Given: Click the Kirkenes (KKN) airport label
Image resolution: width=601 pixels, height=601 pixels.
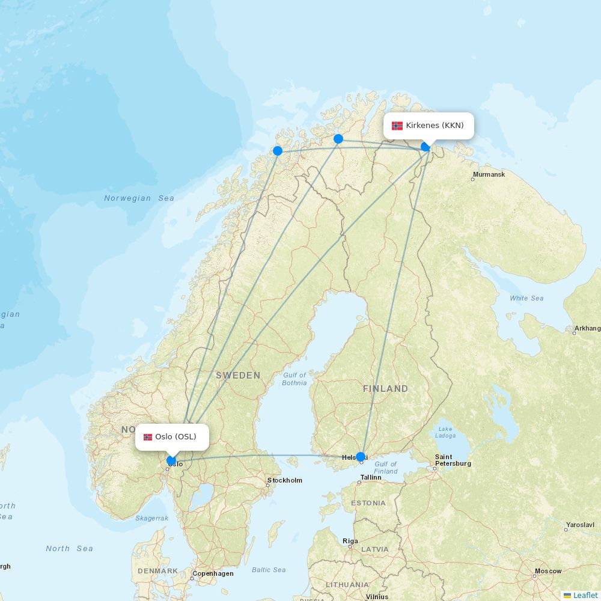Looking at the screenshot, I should click(429, 126).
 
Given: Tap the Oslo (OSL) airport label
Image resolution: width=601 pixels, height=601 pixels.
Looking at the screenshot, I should click(172, 436).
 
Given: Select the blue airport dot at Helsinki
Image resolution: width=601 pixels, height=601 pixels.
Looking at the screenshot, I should click(361, 457).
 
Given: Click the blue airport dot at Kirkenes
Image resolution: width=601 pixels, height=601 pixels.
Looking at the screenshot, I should click(426, 146).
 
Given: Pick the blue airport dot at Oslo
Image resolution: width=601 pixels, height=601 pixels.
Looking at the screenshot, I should click(171, 461).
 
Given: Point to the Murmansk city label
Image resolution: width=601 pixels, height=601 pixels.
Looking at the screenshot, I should click(489, 175).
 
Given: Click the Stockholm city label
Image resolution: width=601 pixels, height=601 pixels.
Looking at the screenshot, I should click(285, 480).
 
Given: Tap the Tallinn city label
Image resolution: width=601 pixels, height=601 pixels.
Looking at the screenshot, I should click(371, 477).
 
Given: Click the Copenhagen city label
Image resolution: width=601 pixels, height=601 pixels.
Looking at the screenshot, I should click(213, 573).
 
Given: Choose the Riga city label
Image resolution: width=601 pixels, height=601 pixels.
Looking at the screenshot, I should click(350, 541).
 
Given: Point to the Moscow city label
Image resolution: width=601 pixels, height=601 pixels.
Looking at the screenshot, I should click(548, 571).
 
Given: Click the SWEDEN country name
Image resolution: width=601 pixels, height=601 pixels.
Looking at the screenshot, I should click(238, 376).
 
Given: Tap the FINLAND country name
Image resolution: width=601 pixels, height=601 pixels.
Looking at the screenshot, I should click(385, 389).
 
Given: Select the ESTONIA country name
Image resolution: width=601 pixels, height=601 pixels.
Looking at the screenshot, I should click(368, 503).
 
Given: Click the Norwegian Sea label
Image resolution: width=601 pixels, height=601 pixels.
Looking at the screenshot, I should click(139, 198).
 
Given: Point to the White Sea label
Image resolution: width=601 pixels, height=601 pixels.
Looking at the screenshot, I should click(526, 298).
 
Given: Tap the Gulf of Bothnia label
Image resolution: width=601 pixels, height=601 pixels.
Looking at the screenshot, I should click(294, 379).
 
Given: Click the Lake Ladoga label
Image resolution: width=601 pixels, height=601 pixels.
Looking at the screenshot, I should click(445, 432).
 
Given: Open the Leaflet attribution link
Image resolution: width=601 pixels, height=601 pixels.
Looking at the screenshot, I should click(585, 595).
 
